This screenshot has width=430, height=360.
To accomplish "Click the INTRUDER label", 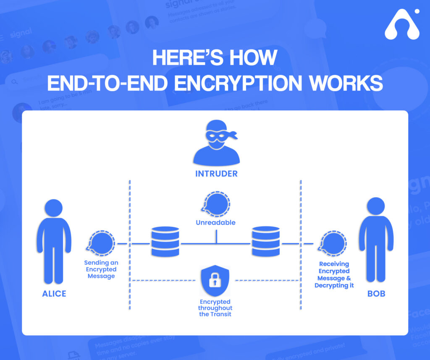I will point(216,174).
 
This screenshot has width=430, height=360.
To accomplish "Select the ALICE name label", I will point(54,294).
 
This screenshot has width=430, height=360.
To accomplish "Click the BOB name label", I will point(376,294).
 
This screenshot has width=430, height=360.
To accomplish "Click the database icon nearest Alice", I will point(165,242).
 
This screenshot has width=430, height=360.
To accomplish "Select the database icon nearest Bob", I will point(265,242).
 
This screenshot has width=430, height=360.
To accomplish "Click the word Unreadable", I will point(215,223).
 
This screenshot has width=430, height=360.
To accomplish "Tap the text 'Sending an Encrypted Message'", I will point(101,269).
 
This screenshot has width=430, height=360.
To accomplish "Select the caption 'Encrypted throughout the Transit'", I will point(215,308).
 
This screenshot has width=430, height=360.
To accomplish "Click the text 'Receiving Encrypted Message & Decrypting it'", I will point(334,275).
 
